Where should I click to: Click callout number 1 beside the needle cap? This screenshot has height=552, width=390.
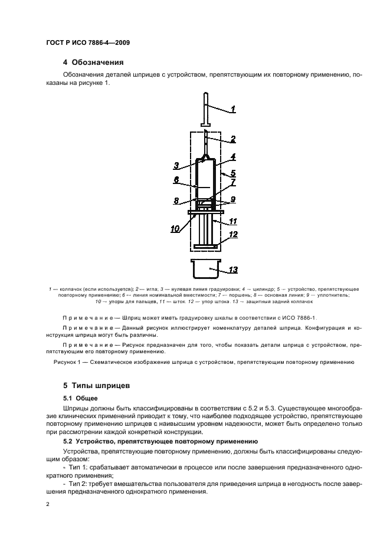point(233,109)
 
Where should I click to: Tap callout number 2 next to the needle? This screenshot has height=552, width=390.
point(233,139)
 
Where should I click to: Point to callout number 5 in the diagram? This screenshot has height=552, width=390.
point(233,173)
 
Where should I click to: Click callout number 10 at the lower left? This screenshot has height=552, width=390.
point(175,229)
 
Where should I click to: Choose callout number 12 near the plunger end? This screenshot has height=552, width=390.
point(233,235)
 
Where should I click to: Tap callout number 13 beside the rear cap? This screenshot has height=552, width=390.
point(233,270)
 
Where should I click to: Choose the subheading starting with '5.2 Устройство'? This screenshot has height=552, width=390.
point(159,441)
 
